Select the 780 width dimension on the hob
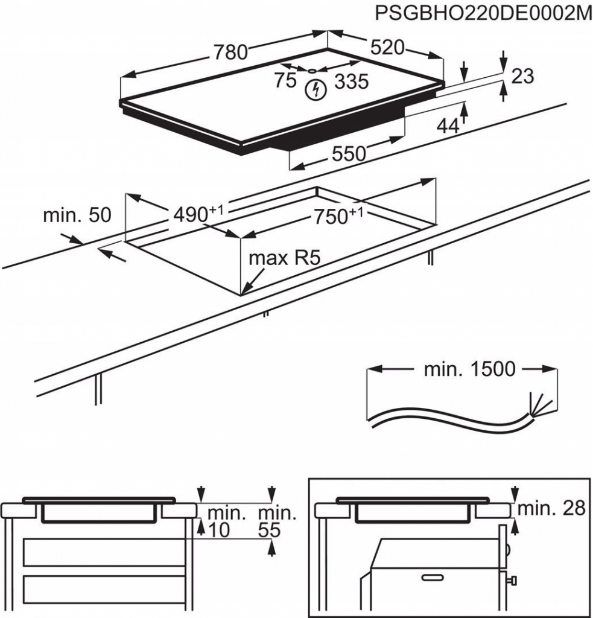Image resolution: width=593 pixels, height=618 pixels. [229, 53]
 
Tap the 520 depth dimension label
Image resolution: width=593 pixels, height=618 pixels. [387, 48]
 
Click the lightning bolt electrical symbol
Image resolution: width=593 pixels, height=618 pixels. [314, 91]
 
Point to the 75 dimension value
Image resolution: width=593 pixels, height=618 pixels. [285, 80]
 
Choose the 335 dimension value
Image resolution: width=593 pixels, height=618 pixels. [351, 81]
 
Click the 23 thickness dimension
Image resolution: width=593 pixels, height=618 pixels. [522, 76]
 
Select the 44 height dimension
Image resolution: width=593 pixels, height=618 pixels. [448, 125]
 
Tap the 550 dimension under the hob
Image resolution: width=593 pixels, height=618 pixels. [349, 154]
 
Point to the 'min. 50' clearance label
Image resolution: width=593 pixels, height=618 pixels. [77, 215]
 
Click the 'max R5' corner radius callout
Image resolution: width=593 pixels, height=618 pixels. [284, 259]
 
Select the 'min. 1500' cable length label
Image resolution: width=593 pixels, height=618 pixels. [469, 369]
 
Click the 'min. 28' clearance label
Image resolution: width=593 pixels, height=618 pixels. [551, 508]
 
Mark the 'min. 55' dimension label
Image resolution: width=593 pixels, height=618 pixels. [276, 522]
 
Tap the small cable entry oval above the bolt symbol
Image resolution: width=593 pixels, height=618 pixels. [313, 70]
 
